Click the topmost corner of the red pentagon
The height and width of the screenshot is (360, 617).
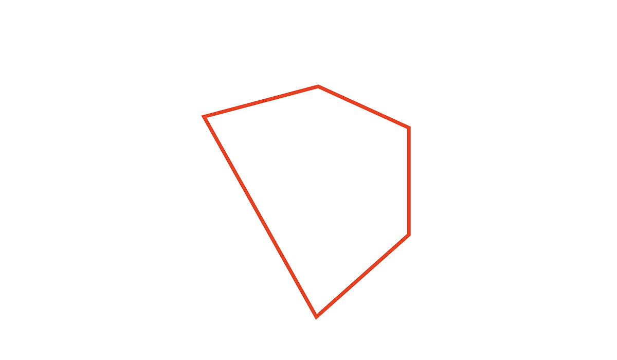[318, 86]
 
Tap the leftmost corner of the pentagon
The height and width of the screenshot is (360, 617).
[204, 117]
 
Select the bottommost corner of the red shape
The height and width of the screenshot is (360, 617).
[316, 316]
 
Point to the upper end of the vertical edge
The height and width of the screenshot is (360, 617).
[409, 128]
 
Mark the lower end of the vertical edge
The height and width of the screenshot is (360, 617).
[409, 235]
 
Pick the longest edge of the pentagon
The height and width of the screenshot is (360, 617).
[260, 216]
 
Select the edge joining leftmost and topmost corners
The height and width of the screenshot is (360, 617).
[261, 102]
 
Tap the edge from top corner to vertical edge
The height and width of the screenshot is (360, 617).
[364, 107]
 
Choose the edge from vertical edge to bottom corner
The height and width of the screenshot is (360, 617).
[362, 276]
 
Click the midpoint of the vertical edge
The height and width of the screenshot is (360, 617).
[409, 181]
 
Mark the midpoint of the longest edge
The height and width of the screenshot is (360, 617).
[260, 216]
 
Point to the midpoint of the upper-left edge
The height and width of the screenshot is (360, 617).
[261, 102]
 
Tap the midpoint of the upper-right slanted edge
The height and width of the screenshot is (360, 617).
[364, 107]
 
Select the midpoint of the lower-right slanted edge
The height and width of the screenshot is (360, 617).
[362, 276]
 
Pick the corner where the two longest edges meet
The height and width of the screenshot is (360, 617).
[316, 316]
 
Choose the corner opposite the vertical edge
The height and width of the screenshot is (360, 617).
[204, 117]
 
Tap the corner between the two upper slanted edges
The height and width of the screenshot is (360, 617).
[318, 86]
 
